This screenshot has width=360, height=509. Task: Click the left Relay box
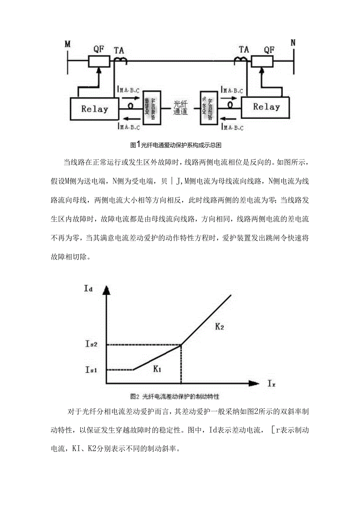(94, 108)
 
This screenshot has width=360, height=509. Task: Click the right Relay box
(266, 107)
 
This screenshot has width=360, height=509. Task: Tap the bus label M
(68, 43)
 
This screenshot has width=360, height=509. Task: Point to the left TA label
(119, 50)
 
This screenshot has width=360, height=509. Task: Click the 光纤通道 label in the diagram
(181, 108)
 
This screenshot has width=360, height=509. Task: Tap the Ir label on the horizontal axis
(272, 385)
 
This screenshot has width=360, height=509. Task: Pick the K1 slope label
(158, 368)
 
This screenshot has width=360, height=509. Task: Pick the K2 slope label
(220, 326)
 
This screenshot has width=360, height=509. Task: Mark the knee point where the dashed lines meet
(181, 345)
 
